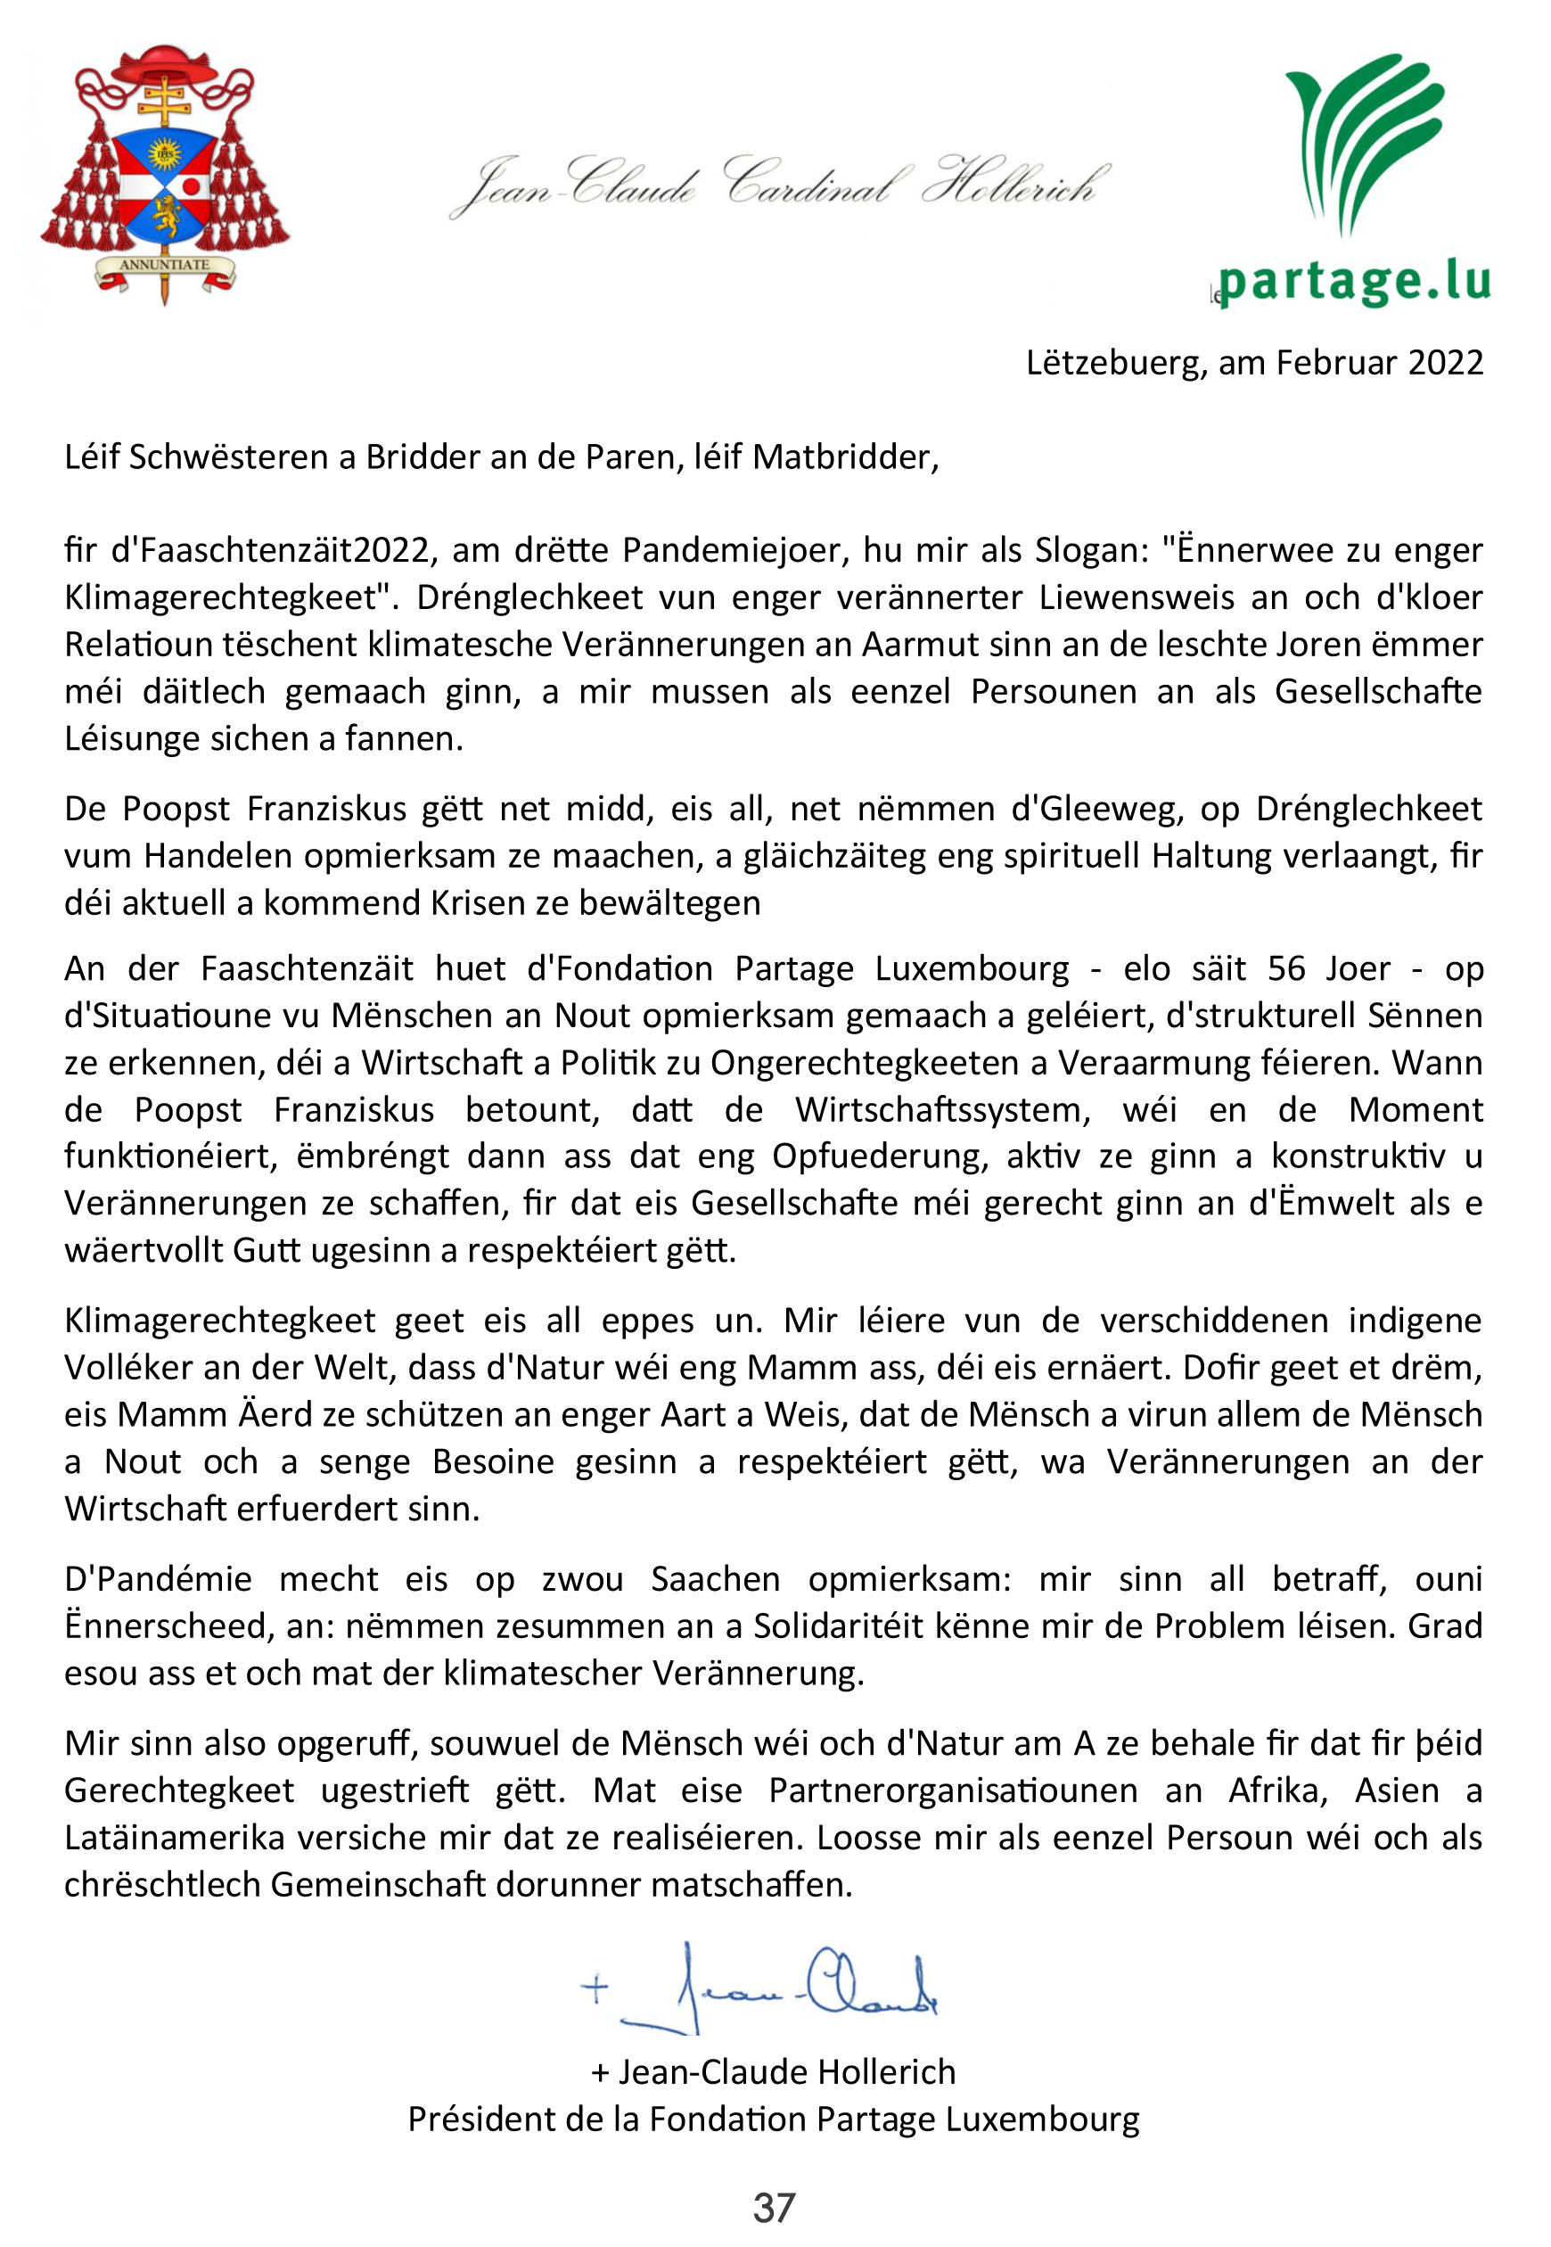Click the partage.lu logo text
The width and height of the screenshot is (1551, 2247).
(x=1354, y=281)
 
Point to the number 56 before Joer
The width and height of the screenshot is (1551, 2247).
(x=1289, y=969)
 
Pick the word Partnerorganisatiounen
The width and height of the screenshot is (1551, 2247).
(x=952, y=1790)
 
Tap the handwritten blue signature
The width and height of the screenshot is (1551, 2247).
(x=767, y=1988)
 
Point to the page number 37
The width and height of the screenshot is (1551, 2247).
(x=775, y=2208)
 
